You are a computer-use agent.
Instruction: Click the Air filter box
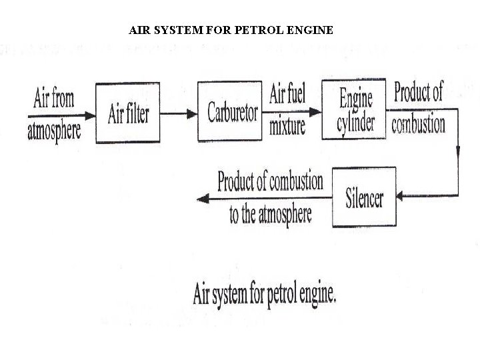pyautogui.click(x=128, y=113)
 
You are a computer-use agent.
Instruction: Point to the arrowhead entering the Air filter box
pyautogui.click(x=91, y=113)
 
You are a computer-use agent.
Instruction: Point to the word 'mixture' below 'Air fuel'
pyautogui.click(x=287, y=125)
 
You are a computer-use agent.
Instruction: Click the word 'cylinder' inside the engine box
pyautogui.click(x=355, y=123)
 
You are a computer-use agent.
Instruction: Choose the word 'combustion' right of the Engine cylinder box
pyautogui.click(x=418, y=124)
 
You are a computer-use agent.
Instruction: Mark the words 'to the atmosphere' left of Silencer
pyautogui.click(x=270, y=215)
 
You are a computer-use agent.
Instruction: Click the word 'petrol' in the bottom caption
pyautogui.click(x=266, y=294)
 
